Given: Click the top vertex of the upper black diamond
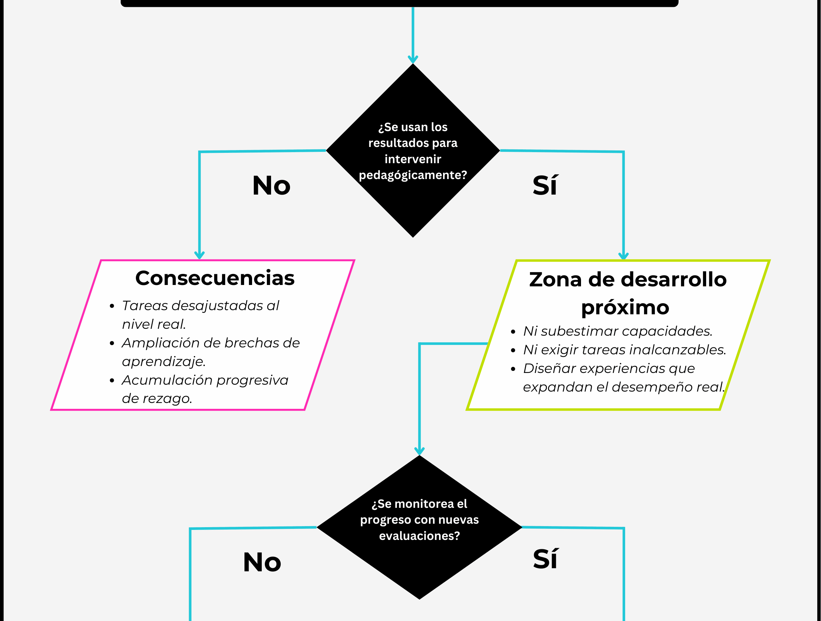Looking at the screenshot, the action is tap(413, 64).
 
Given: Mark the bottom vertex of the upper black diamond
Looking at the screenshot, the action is tap(413, 237).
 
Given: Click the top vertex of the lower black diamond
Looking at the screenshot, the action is tap(419, 455).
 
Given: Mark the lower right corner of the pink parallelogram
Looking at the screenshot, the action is tap(304, 410).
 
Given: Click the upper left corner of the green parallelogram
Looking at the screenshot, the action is tap(517, 261).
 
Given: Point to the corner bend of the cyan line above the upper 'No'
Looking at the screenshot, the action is tap(200, 152).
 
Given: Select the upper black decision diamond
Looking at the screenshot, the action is tap(413, 150).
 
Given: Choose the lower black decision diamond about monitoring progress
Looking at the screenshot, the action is tap(419, 528).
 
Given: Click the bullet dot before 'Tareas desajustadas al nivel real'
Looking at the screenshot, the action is tap(112, 306).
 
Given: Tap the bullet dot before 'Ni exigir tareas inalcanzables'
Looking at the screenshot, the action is tap(513, 350).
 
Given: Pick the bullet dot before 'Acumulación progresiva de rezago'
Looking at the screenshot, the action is tap(112, 380).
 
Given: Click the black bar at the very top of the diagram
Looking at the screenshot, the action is tap(399, 3).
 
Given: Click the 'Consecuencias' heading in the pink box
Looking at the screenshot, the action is tap(215, 278).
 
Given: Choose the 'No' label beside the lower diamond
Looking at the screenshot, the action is tap(262, 562).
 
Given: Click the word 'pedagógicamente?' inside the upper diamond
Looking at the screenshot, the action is tap(413, 175).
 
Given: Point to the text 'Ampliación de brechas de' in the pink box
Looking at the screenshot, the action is tap(211, 343).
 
